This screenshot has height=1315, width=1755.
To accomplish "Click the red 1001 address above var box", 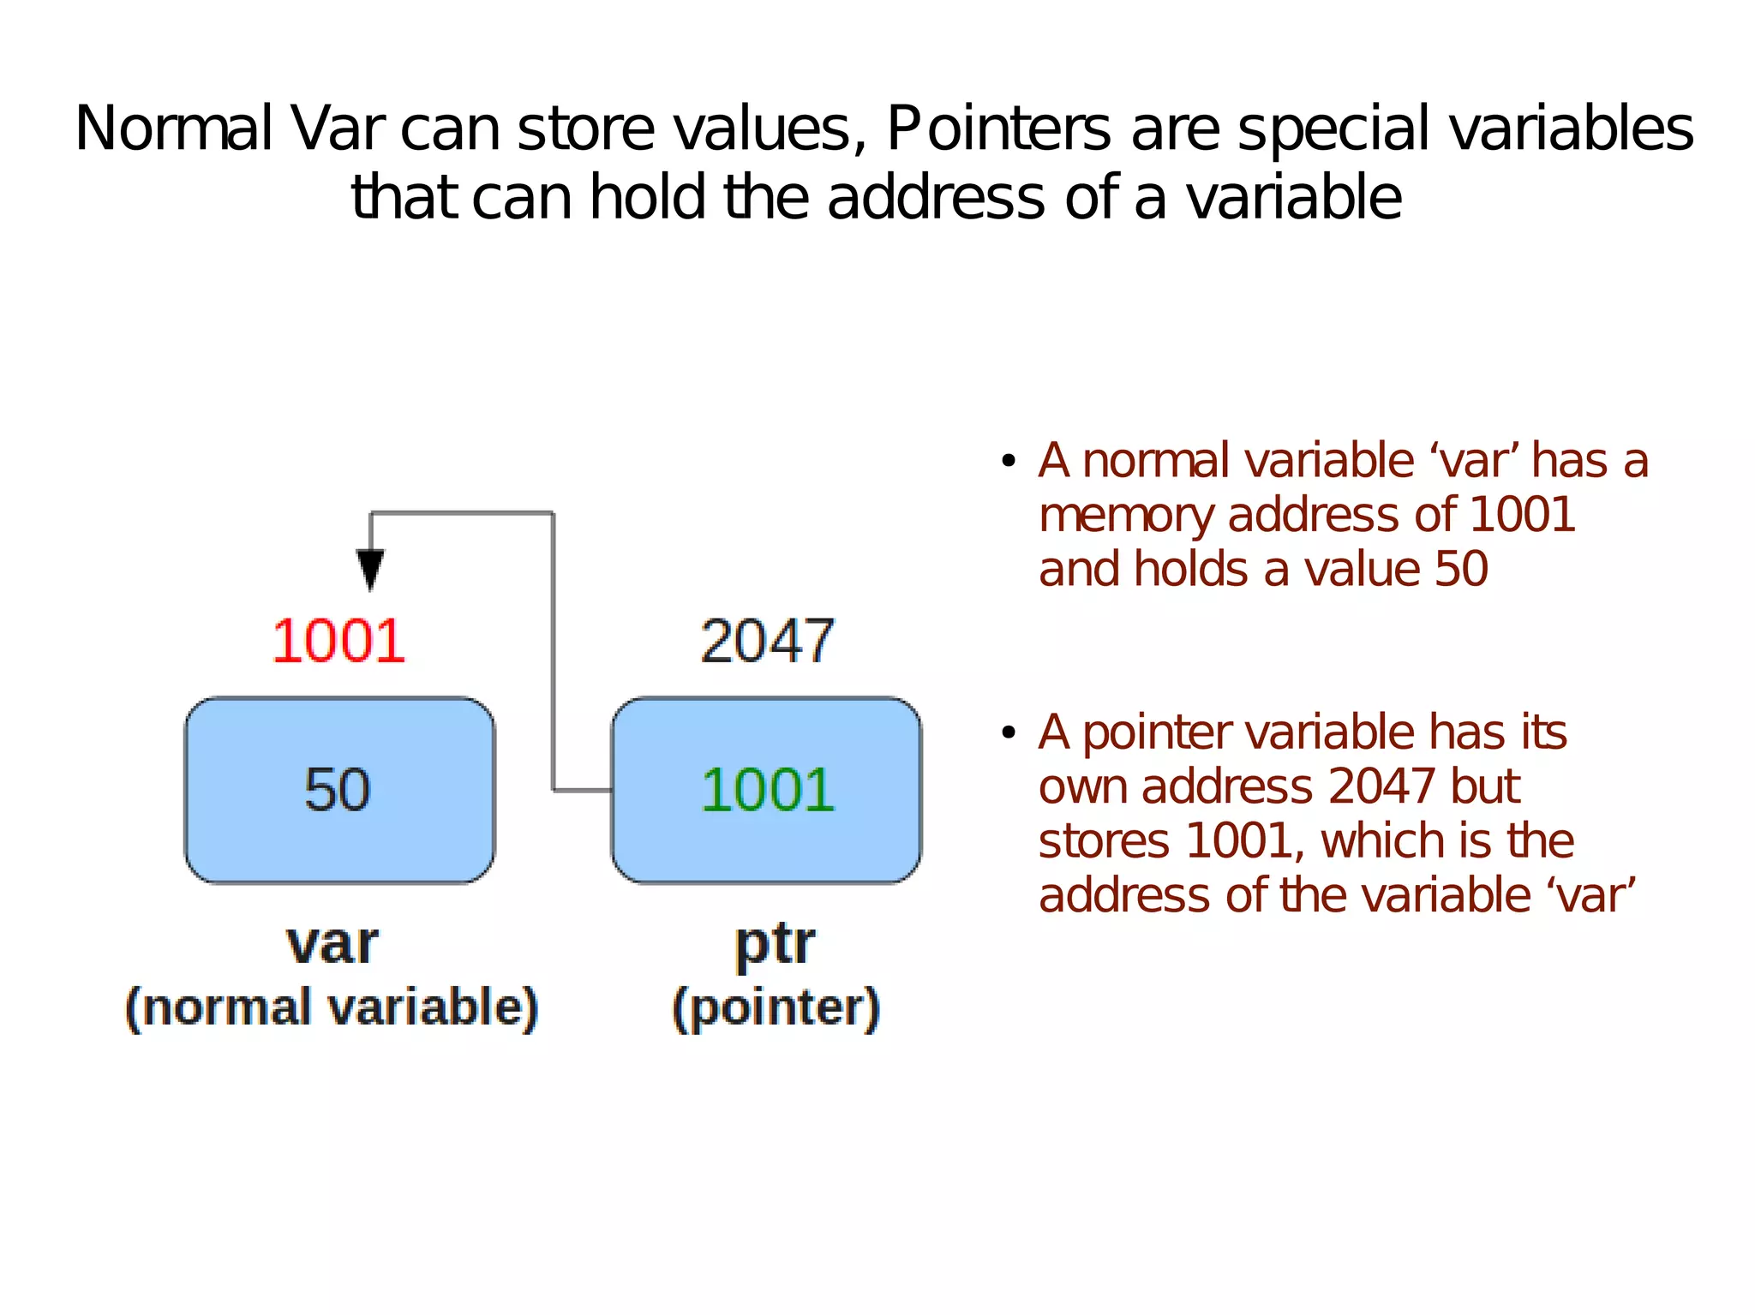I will click(338, 641).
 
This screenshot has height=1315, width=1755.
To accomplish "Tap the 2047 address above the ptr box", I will click(767, 641).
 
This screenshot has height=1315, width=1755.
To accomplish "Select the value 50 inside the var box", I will click(338, 789).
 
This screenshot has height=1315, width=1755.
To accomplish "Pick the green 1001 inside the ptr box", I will click(767, 789).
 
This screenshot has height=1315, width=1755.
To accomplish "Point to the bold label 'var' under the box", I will click(332, 943).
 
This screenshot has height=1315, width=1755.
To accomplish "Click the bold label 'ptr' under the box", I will click(775, 945).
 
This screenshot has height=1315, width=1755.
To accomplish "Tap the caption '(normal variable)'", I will click(332, 1007).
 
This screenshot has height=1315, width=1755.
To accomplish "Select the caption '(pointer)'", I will click(776, 1008).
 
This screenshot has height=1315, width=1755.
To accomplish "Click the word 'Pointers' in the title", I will click(998, 129).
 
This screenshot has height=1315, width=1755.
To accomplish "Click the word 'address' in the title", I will click(936, 198).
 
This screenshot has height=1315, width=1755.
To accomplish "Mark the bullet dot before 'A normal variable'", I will click(1009, 462).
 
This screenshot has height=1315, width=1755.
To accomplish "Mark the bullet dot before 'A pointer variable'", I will click(1009, 733).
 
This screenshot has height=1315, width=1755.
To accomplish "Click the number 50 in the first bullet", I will click(1461, 570).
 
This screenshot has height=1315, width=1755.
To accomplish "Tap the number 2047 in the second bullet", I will click(1381, 786).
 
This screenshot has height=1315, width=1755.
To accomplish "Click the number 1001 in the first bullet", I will click(1522, 515).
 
